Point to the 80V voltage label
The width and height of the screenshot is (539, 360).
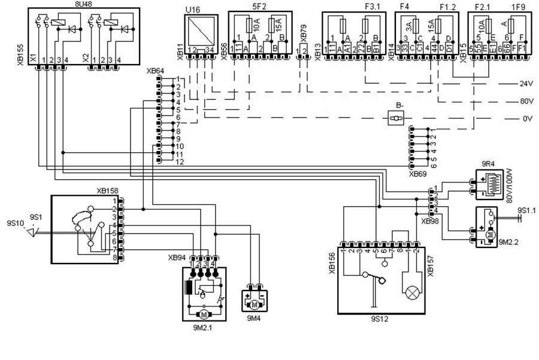527,101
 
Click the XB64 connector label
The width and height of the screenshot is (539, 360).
155,71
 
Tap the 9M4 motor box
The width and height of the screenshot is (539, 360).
256,298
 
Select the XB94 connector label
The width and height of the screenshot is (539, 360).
178,258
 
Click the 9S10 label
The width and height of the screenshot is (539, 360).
14,223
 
